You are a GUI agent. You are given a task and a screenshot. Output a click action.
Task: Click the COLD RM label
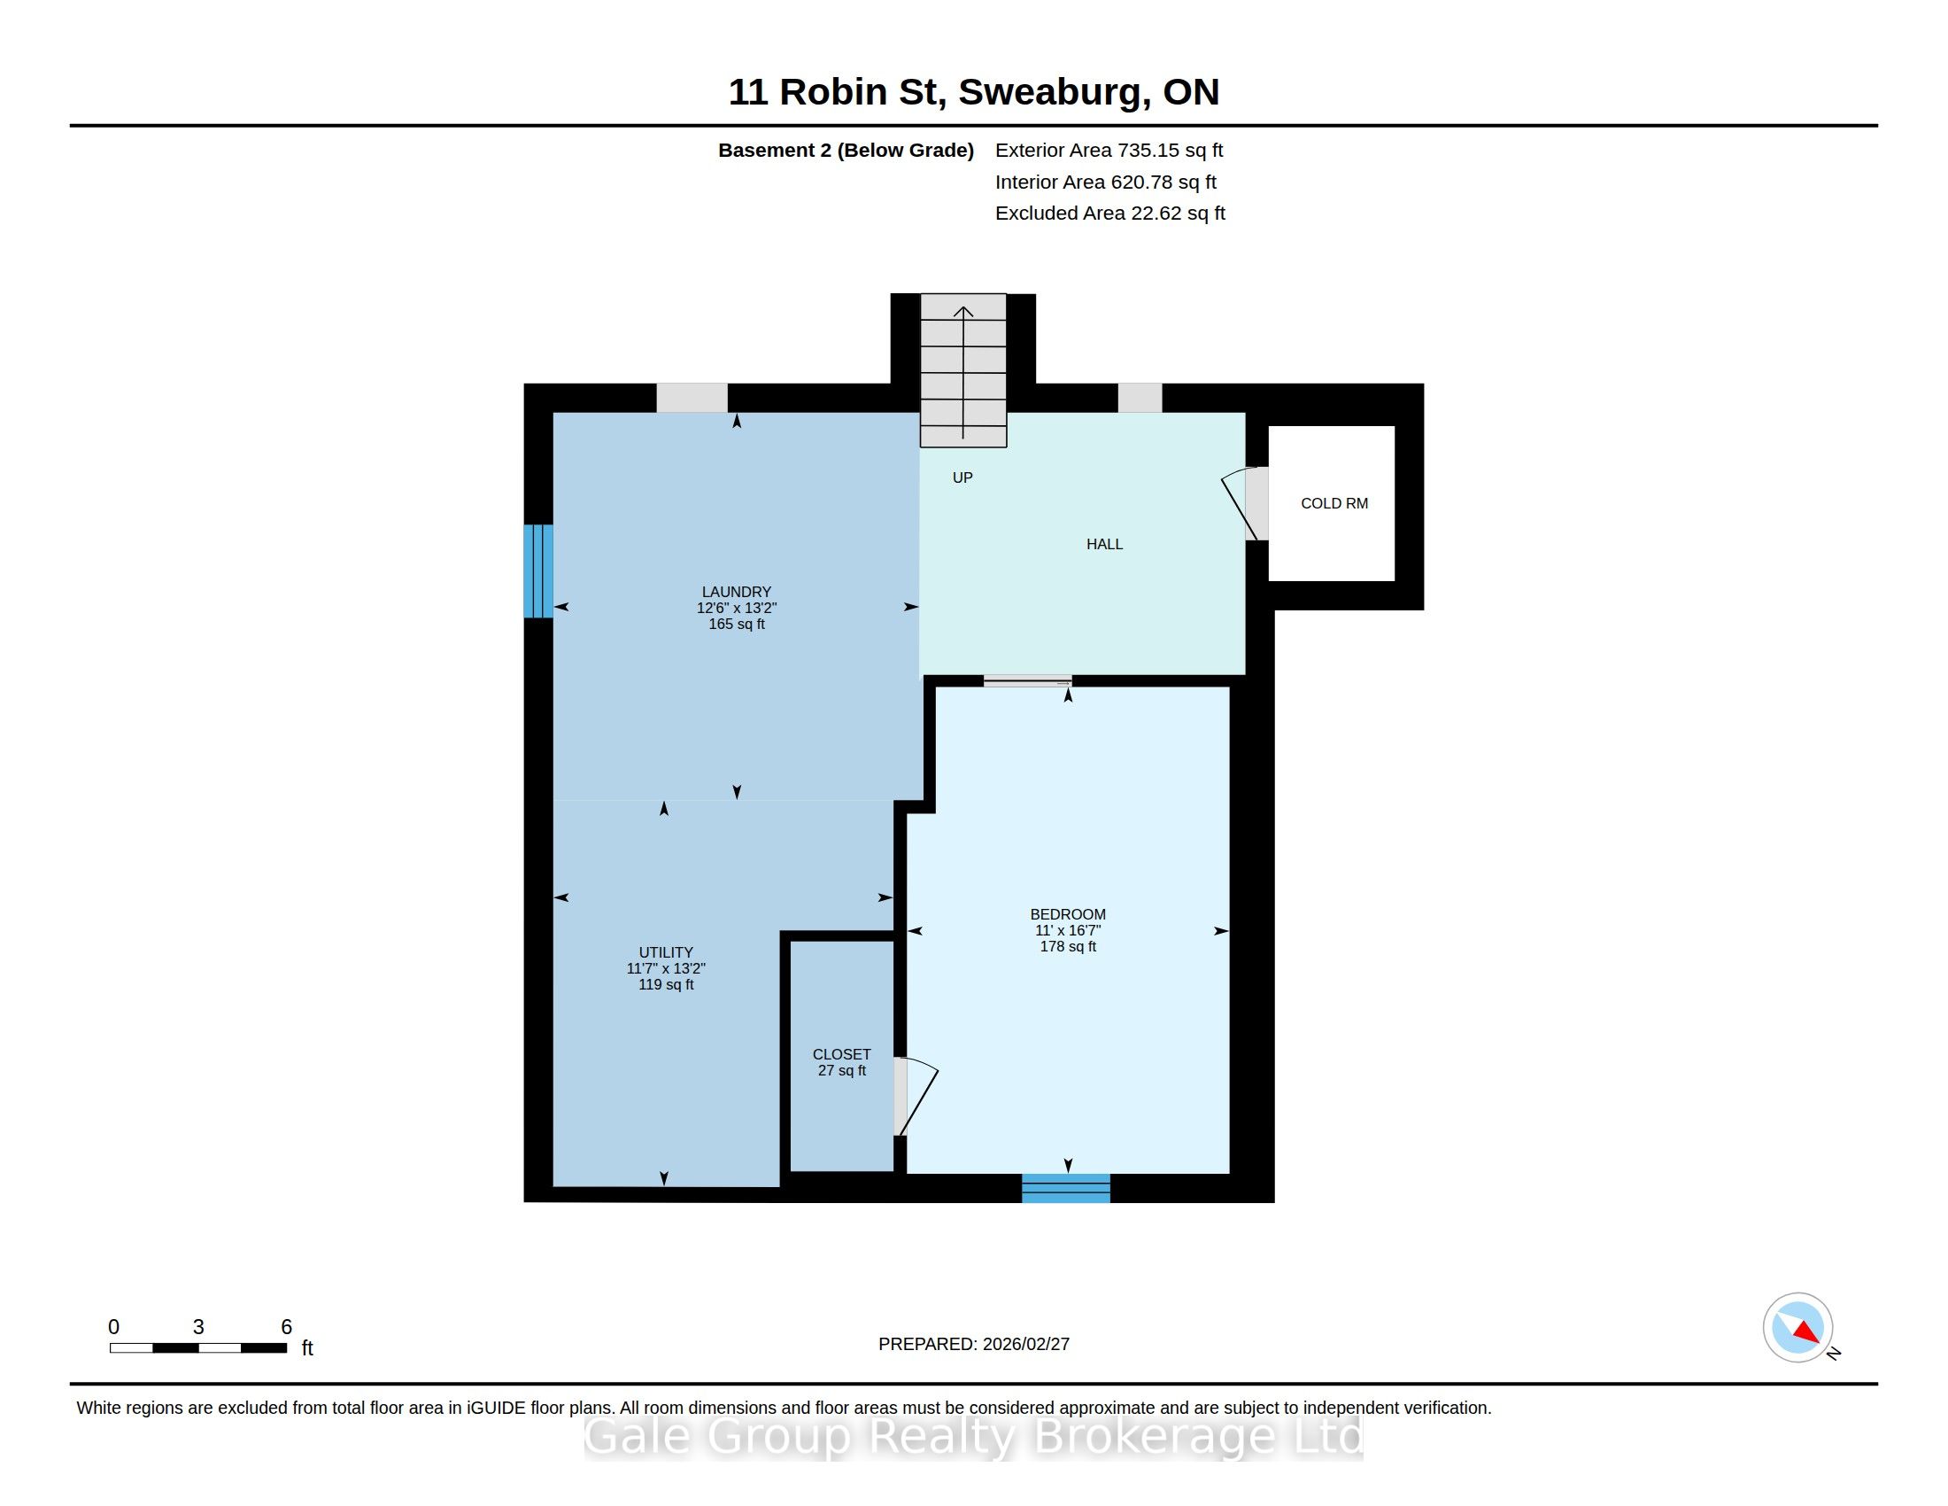1333,503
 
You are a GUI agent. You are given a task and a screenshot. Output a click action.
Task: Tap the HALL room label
1104,544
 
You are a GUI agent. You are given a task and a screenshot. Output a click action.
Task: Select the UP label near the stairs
962,477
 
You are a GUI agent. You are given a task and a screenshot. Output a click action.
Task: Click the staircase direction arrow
963,372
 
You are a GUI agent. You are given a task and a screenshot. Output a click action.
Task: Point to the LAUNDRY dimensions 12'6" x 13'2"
737,608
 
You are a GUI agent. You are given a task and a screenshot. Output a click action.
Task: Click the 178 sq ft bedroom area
1068,947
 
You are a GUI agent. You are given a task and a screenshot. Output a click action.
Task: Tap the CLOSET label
841,1054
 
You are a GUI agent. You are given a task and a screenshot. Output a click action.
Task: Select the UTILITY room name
665,952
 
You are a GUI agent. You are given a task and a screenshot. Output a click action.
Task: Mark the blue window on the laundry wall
537,571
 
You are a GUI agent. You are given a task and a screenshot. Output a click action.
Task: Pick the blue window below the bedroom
1066,1188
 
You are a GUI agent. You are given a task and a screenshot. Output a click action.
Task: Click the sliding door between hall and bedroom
1027,681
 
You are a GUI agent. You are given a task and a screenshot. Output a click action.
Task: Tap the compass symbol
1797,1328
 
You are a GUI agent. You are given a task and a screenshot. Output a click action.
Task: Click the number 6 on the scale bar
286,1327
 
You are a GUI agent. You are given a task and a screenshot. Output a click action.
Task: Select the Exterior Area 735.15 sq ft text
1109,151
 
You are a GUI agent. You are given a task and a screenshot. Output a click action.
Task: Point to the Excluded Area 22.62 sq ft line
1109,213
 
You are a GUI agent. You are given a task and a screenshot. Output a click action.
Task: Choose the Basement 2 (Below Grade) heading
846,151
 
